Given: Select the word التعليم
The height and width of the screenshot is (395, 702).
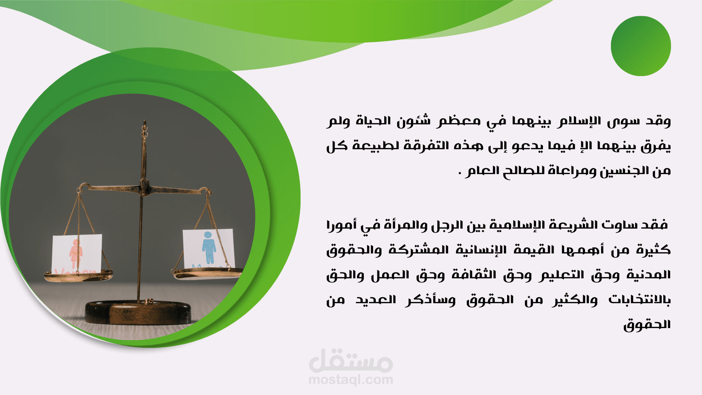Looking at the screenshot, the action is pos(561,275).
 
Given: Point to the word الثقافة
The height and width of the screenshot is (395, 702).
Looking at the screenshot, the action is pos(474,274).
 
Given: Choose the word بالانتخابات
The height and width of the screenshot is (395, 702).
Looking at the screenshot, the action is pos(639,300).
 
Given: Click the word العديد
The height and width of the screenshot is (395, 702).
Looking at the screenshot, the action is pos(376,300).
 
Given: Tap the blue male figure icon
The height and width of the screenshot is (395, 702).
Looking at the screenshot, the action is pos(209,248).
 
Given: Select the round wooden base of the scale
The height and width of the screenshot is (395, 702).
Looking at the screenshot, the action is pos(138,312).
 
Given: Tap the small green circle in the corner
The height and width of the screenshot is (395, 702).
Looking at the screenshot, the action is pos(641,46).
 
